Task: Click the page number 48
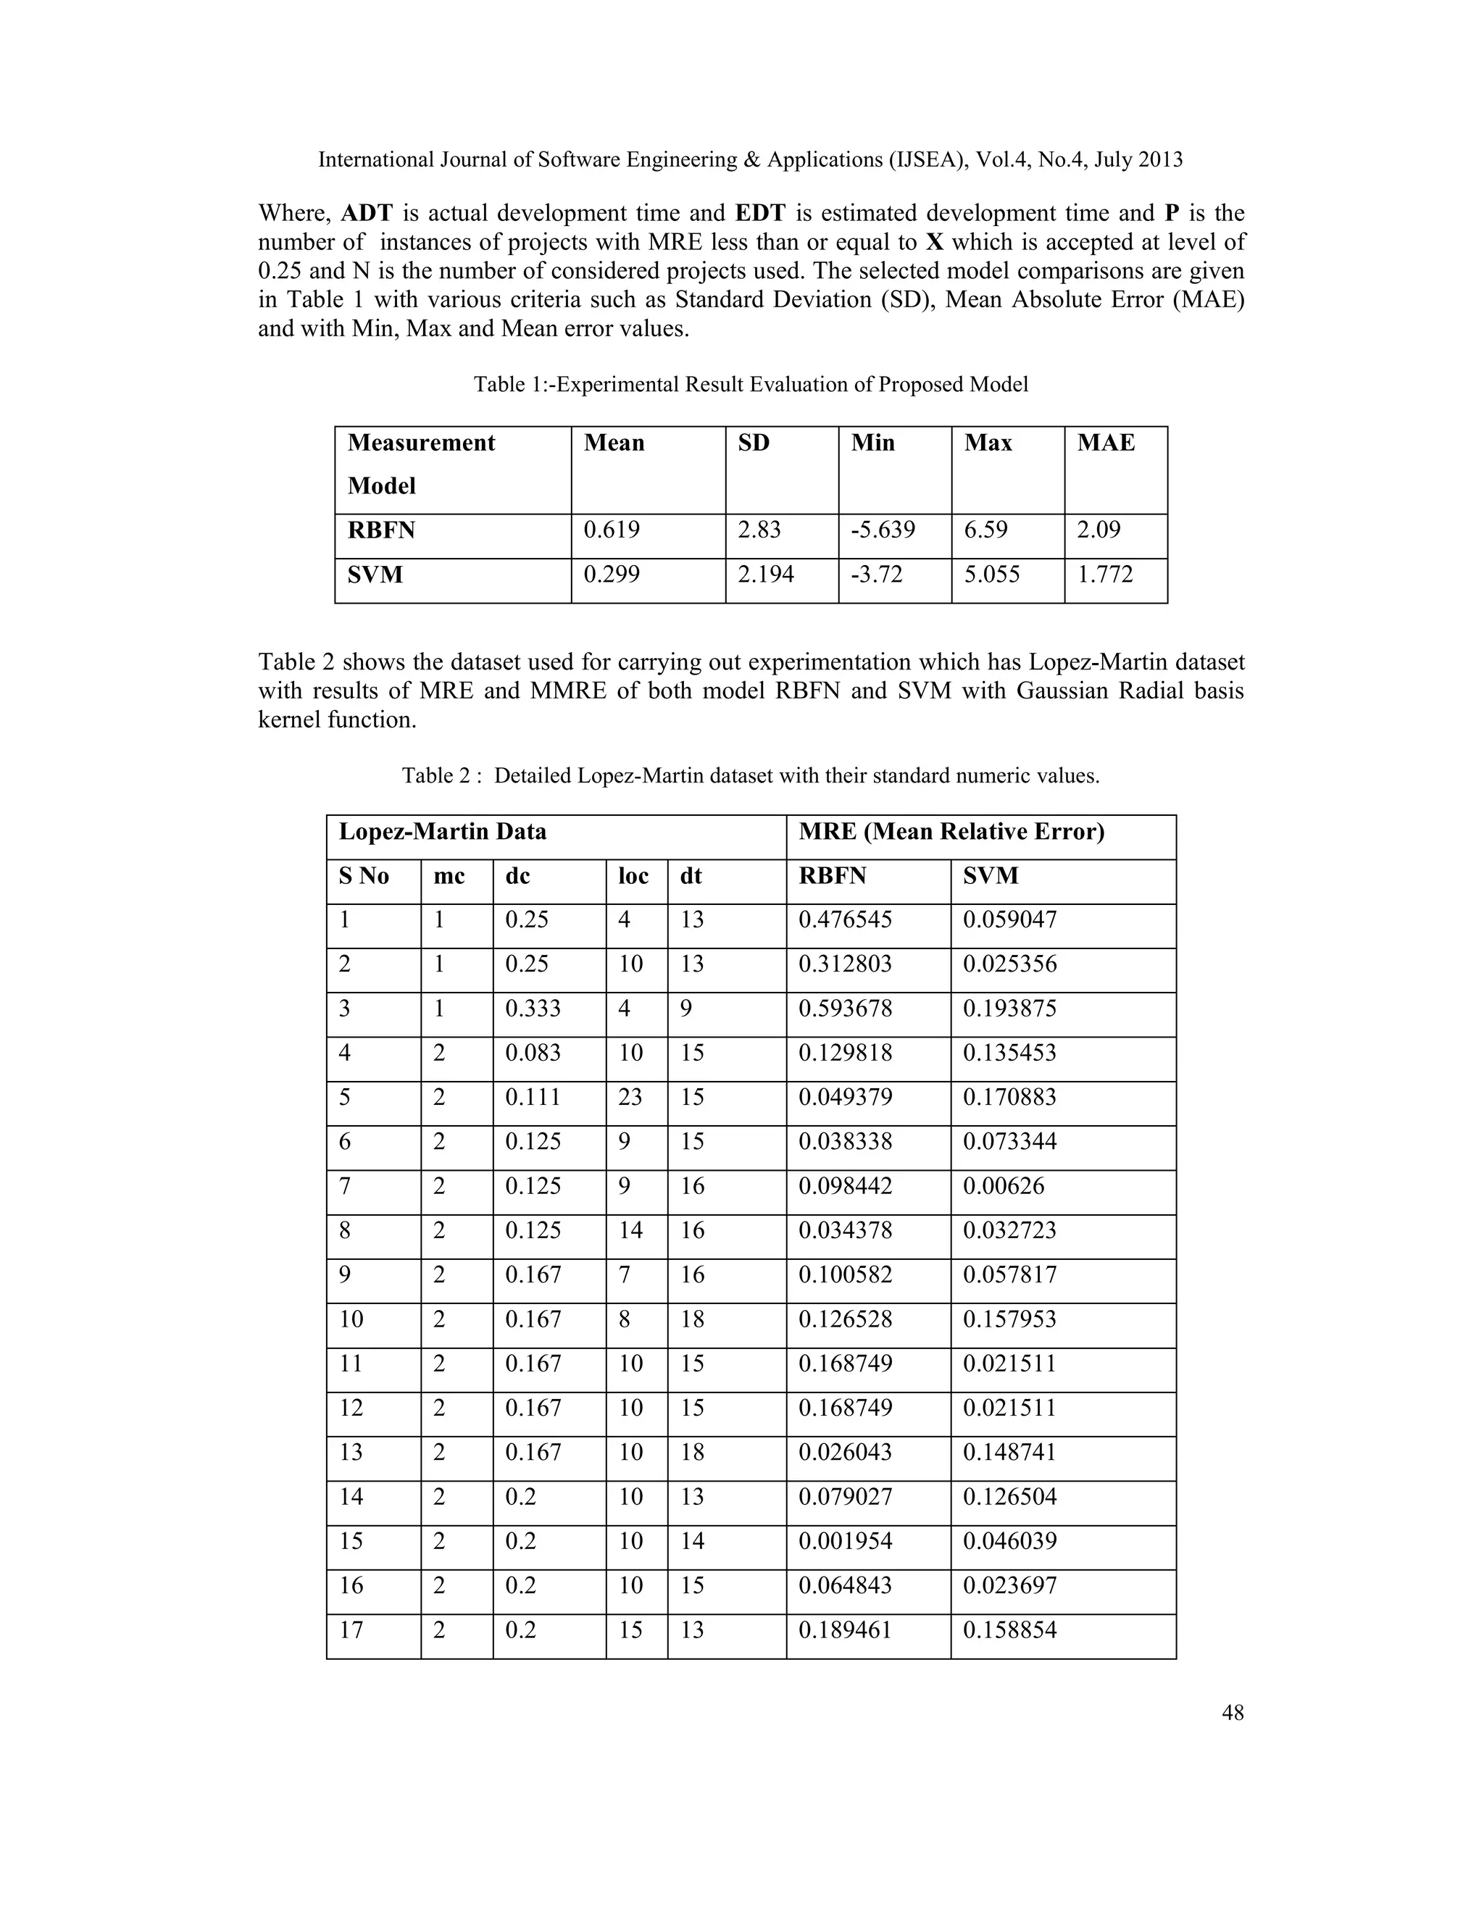[x=1233, y=1713]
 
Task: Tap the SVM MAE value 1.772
[x=1105, y=575]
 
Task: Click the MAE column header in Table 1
[x=1106, y=443]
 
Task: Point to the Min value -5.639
[x=883, y=530]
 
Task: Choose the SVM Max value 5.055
[x=992, y=575]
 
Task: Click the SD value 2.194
[x=766, y=575]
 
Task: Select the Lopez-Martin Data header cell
[x=443, y=832]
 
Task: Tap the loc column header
[x=633, y=876]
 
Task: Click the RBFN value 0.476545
[x=845, y=919]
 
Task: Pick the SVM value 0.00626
[x=1003, y=1186]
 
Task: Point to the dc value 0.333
[x=533, y=1009]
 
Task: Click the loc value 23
[x=630, y=1097]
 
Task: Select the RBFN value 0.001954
[x=845, y=1541]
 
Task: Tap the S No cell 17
[x=351, y=1630]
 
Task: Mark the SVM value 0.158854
[x=1009, y=1630]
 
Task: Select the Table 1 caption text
[x=751, y=385]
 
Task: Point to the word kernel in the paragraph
[x=289, y=720]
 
